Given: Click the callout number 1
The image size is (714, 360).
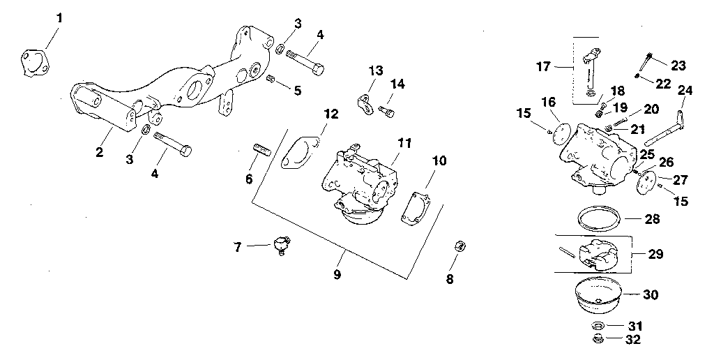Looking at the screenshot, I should click(x=59, y=17).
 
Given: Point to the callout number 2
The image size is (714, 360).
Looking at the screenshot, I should click(x=99, y=152).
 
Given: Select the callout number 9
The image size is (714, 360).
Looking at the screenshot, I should click(x=337, y=274).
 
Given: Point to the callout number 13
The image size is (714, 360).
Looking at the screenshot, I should click(x=376, y=70).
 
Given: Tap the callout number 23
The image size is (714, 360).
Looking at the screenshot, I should click(x=678, y=66).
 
